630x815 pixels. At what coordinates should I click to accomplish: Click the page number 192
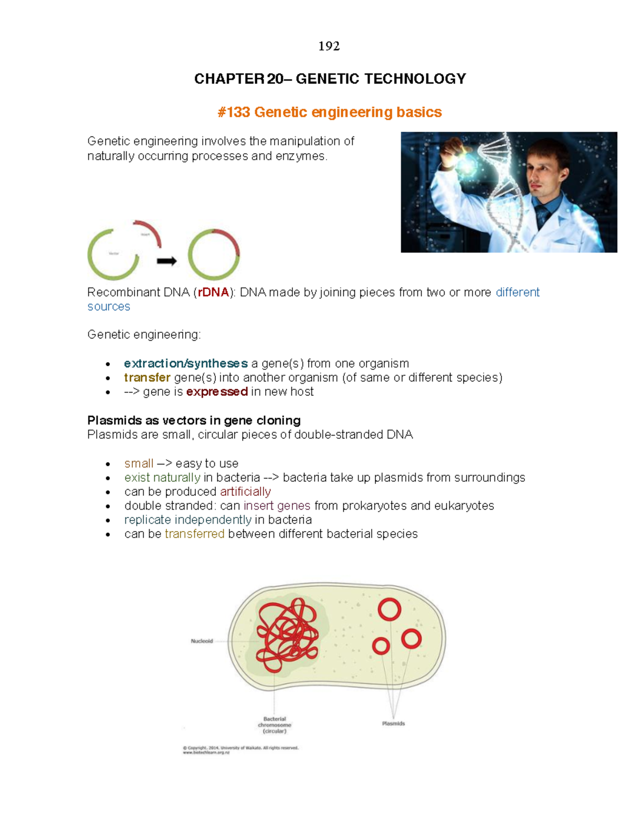point(329,46)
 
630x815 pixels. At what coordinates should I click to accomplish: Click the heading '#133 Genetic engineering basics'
point(330,112)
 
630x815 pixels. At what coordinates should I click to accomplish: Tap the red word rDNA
point(213,292)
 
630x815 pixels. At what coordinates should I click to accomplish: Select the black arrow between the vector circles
point(167,261)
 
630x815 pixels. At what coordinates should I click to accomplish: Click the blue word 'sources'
point(109,306)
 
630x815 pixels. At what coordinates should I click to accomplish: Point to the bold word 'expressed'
point(217,391)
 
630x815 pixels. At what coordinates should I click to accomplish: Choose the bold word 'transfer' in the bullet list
point(147,377)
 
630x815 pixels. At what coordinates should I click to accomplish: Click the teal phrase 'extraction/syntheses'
point(185,363)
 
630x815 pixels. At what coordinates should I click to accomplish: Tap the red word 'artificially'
point(245,491)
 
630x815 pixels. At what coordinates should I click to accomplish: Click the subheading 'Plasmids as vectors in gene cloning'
point(194,420)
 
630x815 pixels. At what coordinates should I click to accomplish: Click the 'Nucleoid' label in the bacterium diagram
point(202,641)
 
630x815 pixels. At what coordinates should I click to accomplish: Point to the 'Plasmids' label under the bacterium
point(393,723)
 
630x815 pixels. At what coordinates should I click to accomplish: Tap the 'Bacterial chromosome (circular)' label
point(275,725)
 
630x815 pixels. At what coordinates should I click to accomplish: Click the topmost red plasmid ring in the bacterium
point(390,609)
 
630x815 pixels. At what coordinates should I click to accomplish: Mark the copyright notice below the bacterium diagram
point(240,750)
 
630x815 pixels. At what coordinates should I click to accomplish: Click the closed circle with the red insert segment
point(214,255)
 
